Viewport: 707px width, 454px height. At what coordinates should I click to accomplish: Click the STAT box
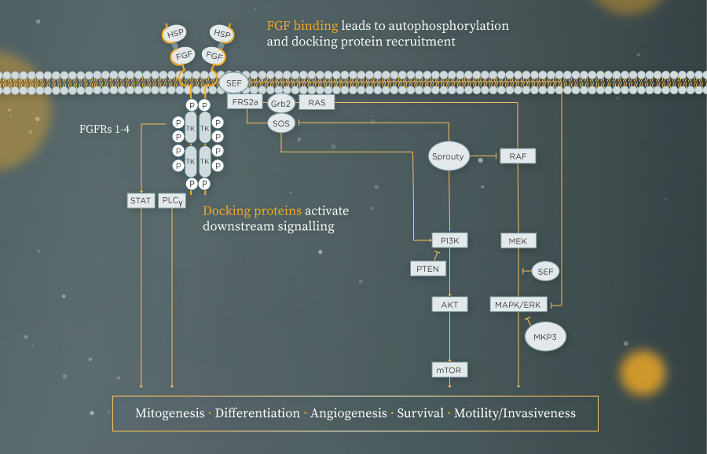tap(141, 201)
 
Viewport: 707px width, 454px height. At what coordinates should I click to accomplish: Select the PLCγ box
tap(172, 201)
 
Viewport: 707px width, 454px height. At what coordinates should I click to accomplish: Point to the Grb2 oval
tap(280, 103)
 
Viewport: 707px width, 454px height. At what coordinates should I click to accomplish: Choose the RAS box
tap(316, 103)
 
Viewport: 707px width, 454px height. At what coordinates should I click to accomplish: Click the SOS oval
tap(280, 123)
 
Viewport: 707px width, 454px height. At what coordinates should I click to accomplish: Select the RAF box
tap(518, 156)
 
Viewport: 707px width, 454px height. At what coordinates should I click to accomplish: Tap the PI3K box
tap(449, 241)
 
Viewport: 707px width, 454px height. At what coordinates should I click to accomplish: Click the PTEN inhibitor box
tap(429, 269)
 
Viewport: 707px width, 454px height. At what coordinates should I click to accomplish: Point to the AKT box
tap(449, 304)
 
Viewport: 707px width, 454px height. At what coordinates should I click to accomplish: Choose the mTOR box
tap(449, 369)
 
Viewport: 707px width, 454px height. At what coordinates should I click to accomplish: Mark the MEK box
tap(518, 241)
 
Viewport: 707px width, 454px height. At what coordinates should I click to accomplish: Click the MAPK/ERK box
tap(518, 304)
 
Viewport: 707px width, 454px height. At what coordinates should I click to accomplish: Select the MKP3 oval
tap(545, 337)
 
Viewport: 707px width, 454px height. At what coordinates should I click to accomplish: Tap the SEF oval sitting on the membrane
tap(234, 82)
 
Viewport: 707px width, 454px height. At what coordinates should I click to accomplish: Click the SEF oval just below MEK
tap(544, 272)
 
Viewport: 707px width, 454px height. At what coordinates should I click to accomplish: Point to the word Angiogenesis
tap(348, 413)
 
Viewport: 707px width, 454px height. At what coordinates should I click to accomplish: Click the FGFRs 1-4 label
tap(104, 128)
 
